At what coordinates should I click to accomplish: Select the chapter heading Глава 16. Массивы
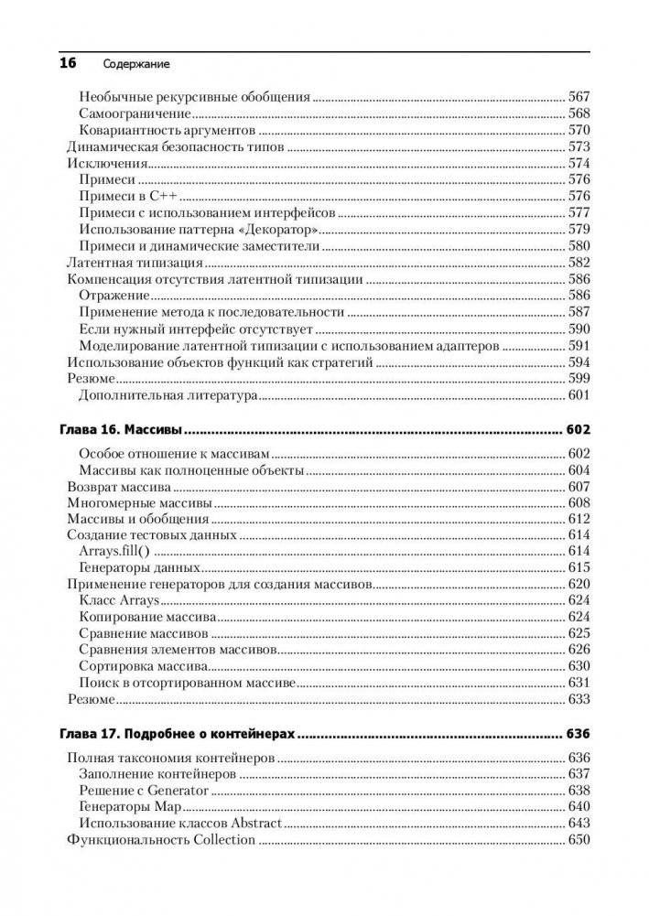[x=121, y=429]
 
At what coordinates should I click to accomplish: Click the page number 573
[x=579, y=147]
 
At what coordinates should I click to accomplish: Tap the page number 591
[x=579, y=346]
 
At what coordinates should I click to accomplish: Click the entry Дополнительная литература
[x=167, y=396]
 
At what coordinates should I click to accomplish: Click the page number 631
[x=579, y=684]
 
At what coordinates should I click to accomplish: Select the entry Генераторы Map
[x=130, y=807]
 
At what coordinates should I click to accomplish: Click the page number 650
[x=579, y=840]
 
